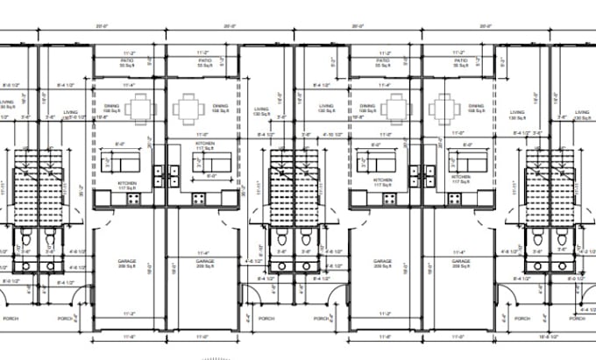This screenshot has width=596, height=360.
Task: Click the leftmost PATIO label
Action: click(x=127, y=60)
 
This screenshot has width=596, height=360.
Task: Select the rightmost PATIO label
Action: click(x=458, y=60)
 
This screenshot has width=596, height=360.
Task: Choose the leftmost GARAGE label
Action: click(x=127, y=260)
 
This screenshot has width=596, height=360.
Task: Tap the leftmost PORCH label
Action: click(x=12, y=319)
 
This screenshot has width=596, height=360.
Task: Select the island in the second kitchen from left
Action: click(x=212, y=162)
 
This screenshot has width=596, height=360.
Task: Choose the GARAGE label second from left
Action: click(x=204, y=260)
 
